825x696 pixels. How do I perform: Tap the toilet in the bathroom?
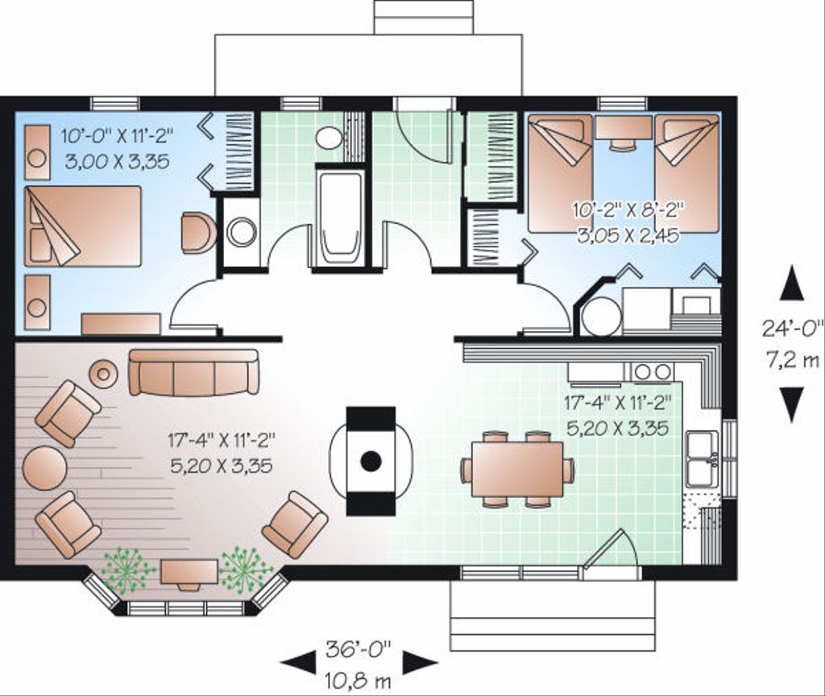click(329, 137)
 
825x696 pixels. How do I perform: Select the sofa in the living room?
click(193, 372)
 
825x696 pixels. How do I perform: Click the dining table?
click(517, 470)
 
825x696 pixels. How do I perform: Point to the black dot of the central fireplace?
click(371, 461)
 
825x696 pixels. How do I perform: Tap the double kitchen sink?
click(701, 459)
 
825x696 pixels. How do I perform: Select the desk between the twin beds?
click(621, 129)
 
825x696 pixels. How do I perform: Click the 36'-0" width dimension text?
click(359, 647)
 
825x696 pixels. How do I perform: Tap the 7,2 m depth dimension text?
click(794, 360)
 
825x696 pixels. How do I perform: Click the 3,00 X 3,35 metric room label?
click(117, 160)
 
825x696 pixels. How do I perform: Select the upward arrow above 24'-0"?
click(794, 285)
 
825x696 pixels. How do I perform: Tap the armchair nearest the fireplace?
click(295, 524)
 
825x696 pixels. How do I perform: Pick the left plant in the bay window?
click(128, 570)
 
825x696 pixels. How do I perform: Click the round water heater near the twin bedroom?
click(601, 316)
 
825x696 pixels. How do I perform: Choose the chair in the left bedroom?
click(197, 233)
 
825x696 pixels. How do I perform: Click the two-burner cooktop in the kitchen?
click(651, 371)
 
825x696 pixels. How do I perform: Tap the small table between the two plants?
click(189, 572)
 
